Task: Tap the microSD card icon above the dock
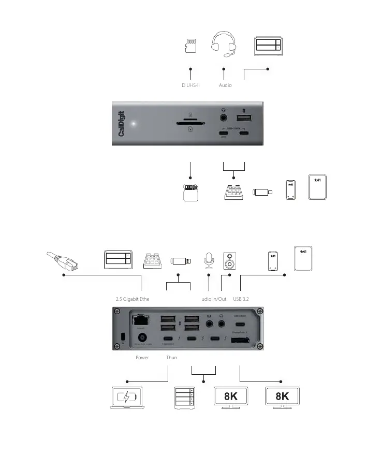[191, 46]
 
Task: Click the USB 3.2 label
[242, 299]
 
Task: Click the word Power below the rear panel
[142, 358]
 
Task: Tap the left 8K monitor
[231, 398]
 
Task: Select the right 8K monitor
[282, 398]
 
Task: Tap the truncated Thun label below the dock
[171, 358]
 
